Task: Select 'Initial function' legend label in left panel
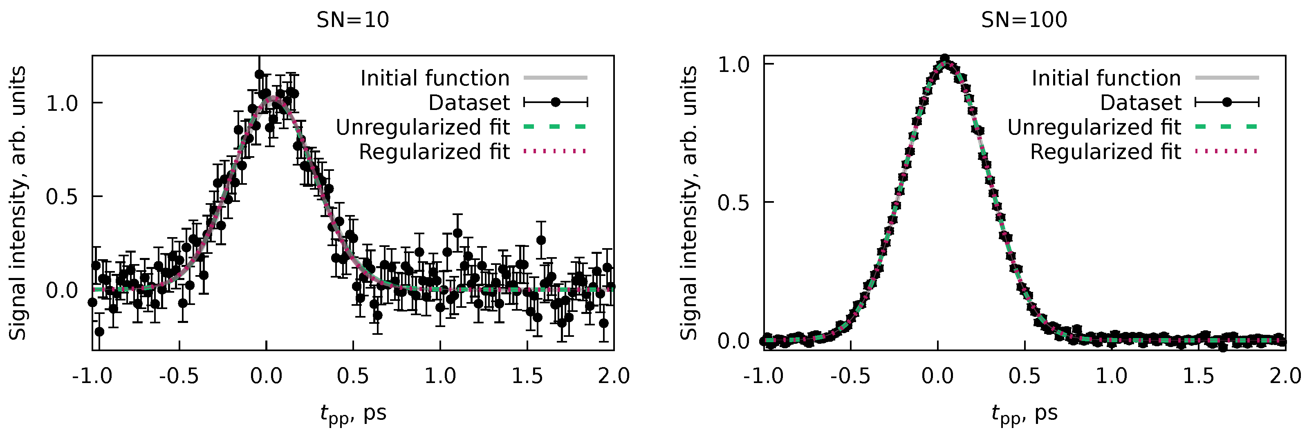click(x=435, y=78)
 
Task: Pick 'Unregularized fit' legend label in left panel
click(x=423, y=128)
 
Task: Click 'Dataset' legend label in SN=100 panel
click(x=1141, y=103)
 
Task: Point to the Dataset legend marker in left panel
click(x=556, y=103)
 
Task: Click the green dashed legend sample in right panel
click(x=1227, y=127)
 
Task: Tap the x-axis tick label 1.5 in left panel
click(x=527, y=376)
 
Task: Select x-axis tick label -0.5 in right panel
click(x=850, y=376)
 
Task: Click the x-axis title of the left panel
click(x=353, y=414)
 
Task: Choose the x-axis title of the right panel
click(x=1025, y=414)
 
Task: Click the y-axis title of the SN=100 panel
click(x=688, y=203)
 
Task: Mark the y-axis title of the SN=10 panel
click(x=17, y=203)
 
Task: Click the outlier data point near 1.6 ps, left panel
click(x=541, y=240)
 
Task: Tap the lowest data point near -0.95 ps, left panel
click(x=99, y=332)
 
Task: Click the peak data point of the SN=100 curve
click(x=945, y=59)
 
